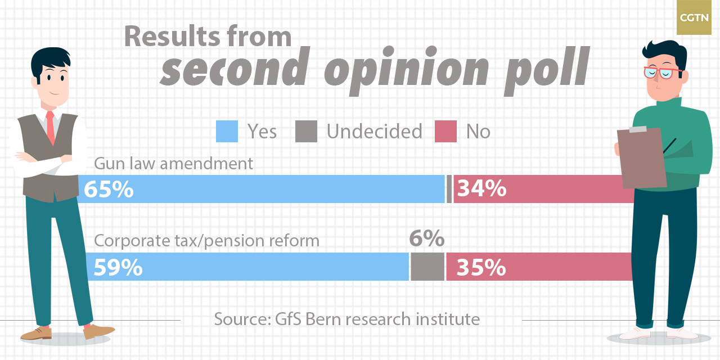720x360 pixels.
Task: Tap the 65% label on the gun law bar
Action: [109, 190]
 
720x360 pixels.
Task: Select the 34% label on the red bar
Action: [481, 190]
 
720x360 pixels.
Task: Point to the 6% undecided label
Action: [426, 239]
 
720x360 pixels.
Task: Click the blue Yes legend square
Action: [227, 132]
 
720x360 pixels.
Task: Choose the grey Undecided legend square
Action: [307, 132]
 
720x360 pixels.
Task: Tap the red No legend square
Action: [445, 132]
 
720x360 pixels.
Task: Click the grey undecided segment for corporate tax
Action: [427, 267]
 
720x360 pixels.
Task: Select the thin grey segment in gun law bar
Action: [449, 189]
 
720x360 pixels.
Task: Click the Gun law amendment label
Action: [173, 164]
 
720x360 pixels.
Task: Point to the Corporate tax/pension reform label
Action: [206, 241]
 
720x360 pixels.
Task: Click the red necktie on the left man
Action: [51, 129]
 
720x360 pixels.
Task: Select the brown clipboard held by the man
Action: [642, 158]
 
